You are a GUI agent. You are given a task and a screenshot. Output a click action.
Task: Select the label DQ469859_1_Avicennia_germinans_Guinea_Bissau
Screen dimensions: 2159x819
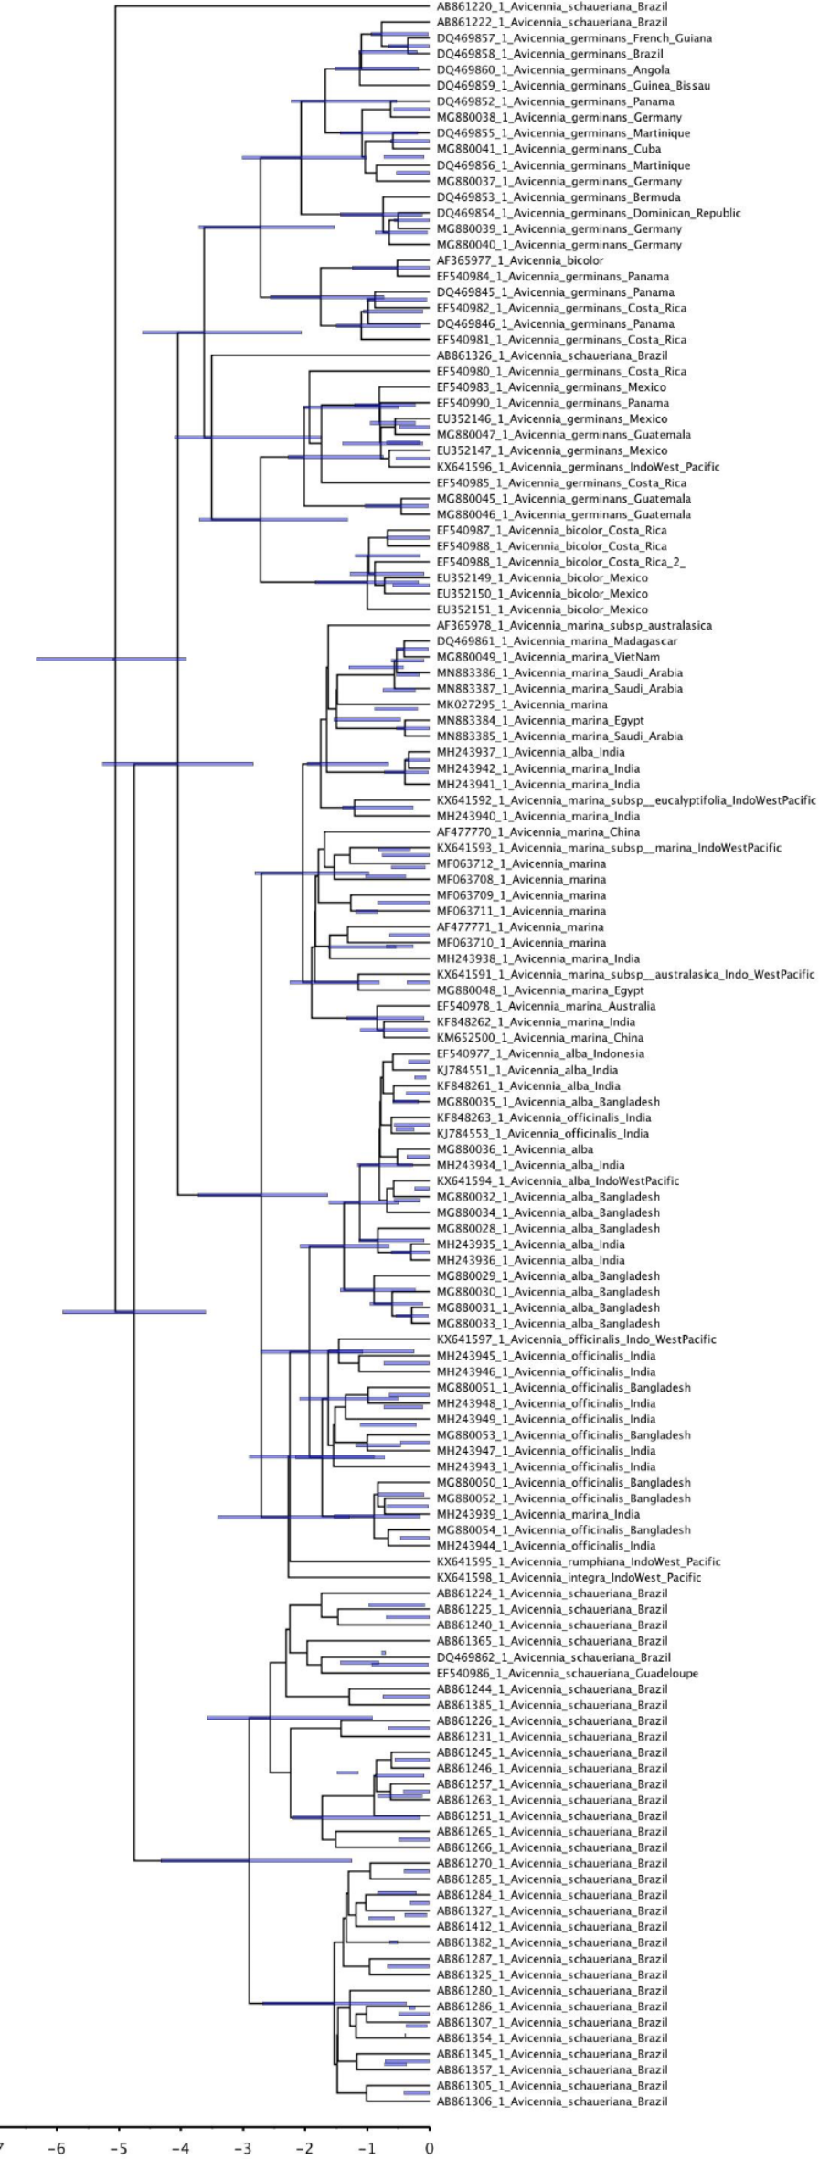(573, 86)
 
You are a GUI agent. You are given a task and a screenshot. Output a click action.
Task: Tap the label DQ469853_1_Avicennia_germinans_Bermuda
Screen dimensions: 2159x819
(558, 197)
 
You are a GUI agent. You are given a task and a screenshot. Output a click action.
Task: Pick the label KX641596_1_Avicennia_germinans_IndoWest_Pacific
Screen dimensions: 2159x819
(578, 467)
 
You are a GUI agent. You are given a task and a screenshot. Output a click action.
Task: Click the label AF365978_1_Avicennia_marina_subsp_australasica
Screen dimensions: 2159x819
(574, 626)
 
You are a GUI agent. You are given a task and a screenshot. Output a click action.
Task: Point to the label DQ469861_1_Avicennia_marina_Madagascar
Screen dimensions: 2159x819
(557, 641)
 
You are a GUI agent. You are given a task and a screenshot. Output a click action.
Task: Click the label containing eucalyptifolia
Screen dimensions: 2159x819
(625, 800)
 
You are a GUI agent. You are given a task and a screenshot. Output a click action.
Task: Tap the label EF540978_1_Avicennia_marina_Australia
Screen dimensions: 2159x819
(546, 1006)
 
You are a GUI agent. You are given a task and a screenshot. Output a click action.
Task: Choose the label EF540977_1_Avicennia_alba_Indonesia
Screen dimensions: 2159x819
(540, 1053)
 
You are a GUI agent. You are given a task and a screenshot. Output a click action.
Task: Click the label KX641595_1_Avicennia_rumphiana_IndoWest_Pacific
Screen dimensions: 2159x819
(578, 1561)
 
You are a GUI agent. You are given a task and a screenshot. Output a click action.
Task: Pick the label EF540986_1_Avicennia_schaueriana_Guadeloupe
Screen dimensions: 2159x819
(567, 1673)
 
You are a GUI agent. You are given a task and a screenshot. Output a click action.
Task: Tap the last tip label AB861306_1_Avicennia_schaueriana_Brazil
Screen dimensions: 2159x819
(551, 2101)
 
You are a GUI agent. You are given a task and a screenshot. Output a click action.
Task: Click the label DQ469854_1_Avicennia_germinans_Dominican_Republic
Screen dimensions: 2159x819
(589, 213)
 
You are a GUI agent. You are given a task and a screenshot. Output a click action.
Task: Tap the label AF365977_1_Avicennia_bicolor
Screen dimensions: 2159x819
(519, 260)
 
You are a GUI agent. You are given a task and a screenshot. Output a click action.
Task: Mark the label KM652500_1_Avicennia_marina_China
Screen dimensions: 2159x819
(539, 1038)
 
